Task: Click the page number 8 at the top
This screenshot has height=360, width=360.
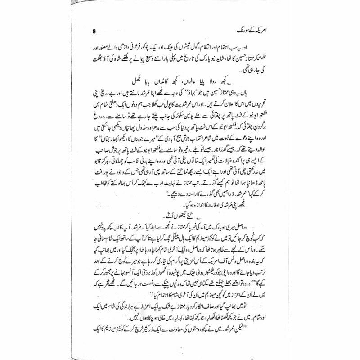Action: coord(94,31)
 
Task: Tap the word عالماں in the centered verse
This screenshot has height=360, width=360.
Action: coord(187,81)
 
